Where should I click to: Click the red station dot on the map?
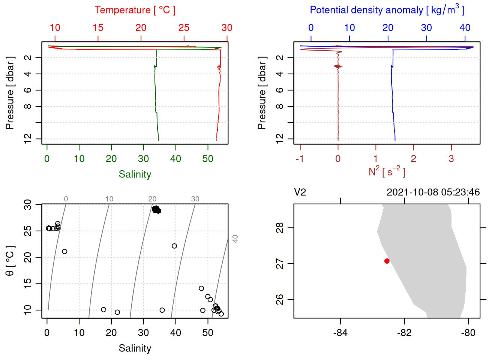point(387,261)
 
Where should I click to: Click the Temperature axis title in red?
point(135,10)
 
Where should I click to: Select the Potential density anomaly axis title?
point(387,10)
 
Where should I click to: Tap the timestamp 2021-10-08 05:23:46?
point(433,192)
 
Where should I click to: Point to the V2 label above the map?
point(300,192)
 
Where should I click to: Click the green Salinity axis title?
point(135,174)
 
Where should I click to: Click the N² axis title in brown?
point(387,172)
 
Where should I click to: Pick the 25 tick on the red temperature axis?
point(184,28)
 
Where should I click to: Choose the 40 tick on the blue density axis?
point(465,28)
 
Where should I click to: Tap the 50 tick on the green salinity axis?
point(208,159)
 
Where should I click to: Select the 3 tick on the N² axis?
point(451,159)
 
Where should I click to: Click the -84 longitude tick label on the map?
point(340,333)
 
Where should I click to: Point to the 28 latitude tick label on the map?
point(280,228)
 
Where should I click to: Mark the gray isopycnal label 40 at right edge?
point(235,238)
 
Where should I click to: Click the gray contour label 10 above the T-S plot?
point(109,199)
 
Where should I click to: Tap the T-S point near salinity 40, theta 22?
point(174,246)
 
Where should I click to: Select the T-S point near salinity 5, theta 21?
point(64,252)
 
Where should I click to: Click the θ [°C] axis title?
point(10,261)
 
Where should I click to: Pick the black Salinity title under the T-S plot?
point(135,348)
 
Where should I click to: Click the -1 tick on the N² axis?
point(300,159)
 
